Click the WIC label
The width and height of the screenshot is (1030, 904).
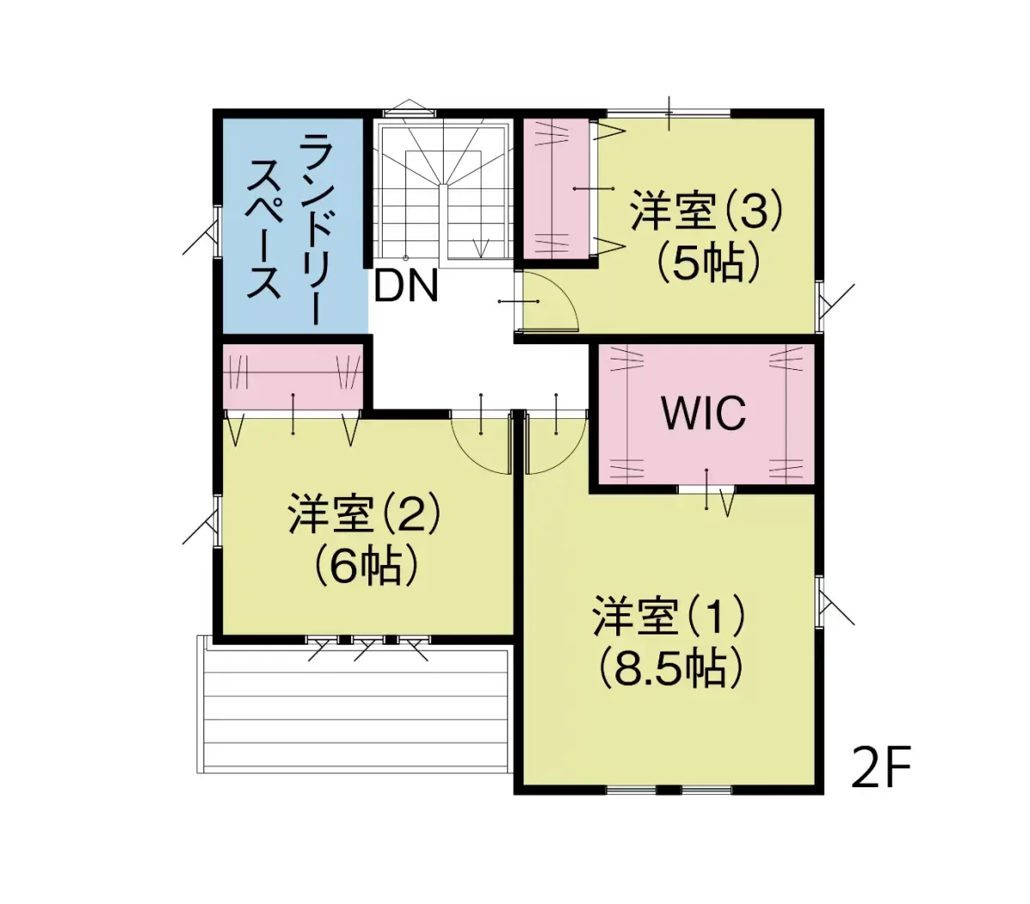click(704, 414)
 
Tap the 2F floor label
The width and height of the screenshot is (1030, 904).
click(880, 767)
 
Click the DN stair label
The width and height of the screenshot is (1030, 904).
click(406, 286)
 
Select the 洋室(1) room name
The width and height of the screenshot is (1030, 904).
click(669, 616)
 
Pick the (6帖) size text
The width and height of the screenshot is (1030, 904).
click(365, 565)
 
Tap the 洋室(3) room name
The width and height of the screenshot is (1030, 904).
click(706, 211)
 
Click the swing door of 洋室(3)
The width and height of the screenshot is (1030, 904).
click(549, 302)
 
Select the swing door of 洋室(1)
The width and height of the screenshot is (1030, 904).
click(555, 441)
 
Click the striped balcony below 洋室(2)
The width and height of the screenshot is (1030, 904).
click(355, 709)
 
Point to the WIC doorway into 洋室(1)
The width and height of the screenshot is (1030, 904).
click(706, 489)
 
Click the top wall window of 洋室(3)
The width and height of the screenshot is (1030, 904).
click(669, 112)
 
